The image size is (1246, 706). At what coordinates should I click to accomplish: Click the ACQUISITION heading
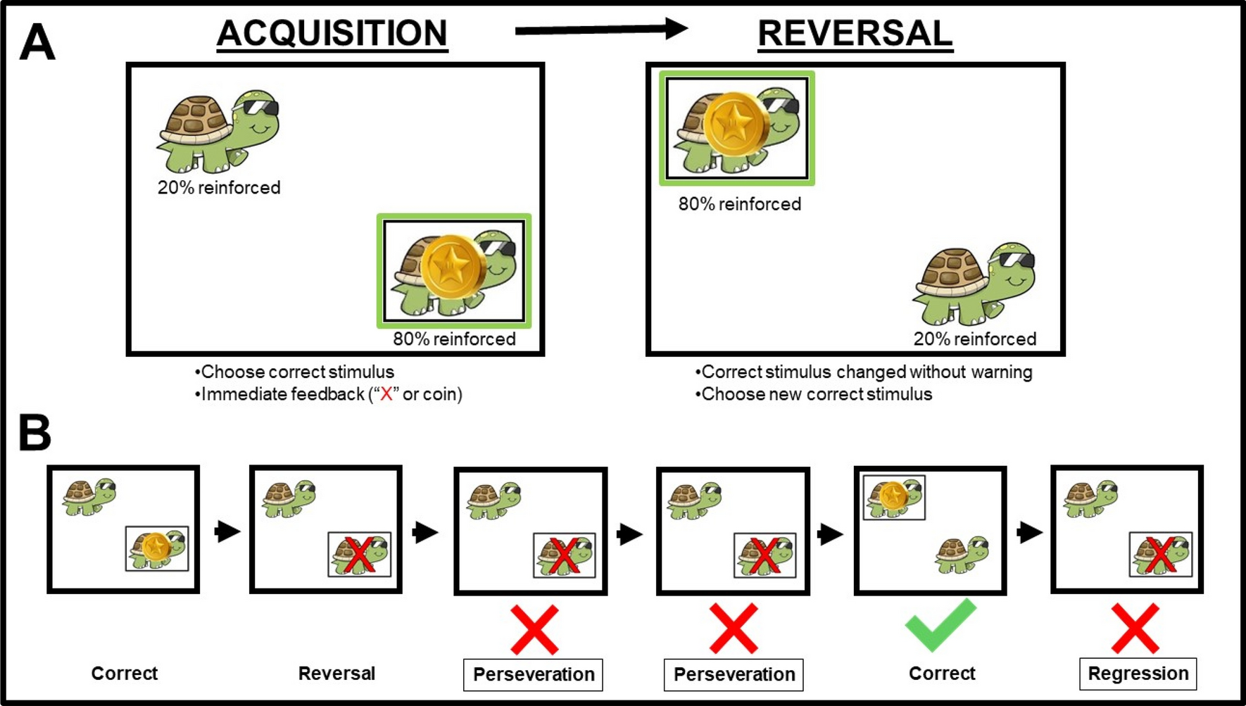pyautogui.click(x=332, y=34)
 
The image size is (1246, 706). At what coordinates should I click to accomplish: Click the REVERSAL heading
pyautogui.click(x=855, y=34)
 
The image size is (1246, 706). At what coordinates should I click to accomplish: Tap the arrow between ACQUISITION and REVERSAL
pyautogui.click(x=600, y=30)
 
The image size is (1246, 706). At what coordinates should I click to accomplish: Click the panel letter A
pyautogui.click(x=37, y=43)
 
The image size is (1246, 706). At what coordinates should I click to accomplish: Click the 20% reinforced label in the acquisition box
pyautogui.click(x=219, y=188)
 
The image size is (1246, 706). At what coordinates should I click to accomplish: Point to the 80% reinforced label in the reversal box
pyautogui.click(x=739, y=204)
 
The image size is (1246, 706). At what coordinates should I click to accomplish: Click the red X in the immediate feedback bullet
pyautogui.click(x=386, y=394)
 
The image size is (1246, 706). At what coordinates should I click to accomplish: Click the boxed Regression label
pyautogui.click(x=1138, y=674)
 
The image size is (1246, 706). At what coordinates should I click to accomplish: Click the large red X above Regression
pyautogui.click(x=1135, y=628)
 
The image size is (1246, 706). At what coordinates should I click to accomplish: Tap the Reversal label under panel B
pyautogui.click(x=336, y=674)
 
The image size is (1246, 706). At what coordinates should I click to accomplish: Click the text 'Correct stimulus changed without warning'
pyautogui.click(x=867, y=372)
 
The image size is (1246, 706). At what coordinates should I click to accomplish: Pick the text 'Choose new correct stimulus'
pyautogui.click(x=817, y=394)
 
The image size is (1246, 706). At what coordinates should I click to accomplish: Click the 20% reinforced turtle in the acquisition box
pyautogui.click(x=218, y=132)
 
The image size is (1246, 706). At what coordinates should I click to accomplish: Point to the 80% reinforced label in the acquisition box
pyautogui.click(x=454, y=339)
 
